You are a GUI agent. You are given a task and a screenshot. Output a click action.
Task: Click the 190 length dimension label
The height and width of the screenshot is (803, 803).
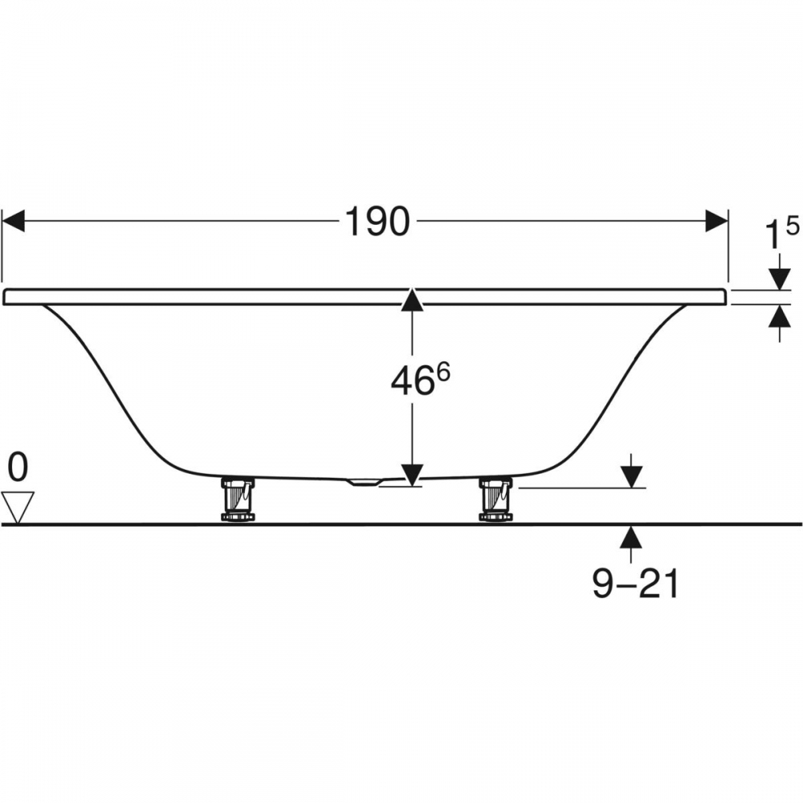377,222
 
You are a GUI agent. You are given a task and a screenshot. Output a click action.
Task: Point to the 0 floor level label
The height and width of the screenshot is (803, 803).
18,467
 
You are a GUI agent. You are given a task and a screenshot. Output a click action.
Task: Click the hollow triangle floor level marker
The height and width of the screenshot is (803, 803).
18,507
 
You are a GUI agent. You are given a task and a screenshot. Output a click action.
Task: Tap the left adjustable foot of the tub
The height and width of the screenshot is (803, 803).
238,499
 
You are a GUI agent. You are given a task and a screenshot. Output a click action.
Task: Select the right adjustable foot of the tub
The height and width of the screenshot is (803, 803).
495,499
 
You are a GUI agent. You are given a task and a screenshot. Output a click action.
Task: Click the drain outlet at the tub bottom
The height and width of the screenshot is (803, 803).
364,483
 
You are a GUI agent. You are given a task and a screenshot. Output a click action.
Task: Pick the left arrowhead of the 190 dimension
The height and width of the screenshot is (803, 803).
14,221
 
